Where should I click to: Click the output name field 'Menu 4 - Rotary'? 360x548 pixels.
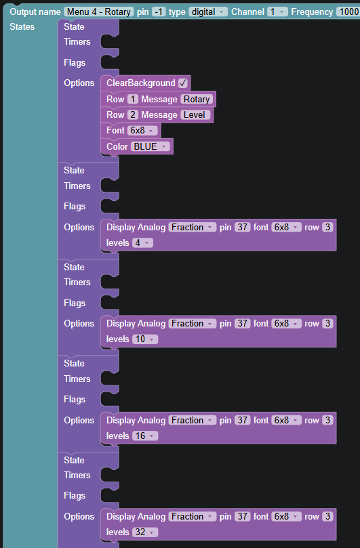pos(99,12)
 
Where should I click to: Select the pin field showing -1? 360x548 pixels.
pos(159,12)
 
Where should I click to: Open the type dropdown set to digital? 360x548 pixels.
pos(208,12)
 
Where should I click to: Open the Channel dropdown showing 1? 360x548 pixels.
pos(277,12)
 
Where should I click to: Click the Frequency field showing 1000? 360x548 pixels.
pos(348,12)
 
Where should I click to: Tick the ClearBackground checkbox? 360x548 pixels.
pos(182,83)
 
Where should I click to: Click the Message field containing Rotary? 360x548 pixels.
pos(197,100)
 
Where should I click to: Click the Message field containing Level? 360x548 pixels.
pos(195,114)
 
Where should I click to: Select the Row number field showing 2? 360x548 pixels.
pos(132,114)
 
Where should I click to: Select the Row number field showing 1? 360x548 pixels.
pos(132,100)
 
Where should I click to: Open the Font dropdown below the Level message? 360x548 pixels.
pos(142,130)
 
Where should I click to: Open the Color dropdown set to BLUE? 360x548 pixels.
pos(151,146)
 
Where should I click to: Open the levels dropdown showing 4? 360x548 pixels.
pos(142,243)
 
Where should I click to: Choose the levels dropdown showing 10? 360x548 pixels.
pos(145,339)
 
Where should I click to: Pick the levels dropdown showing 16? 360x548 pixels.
pos(145,436)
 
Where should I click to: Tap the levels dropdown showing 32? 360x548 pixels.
pos(145,532)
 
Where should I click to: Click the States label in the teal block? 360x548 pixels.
pos(22,27)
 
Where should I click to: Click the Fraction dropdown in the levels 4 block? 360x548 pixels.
pos(192,227)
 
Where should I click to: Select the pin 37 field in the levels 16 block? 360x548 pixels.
pos(243,420)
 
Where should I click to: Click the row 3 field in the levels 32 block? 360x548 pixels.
pos(327,517)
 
